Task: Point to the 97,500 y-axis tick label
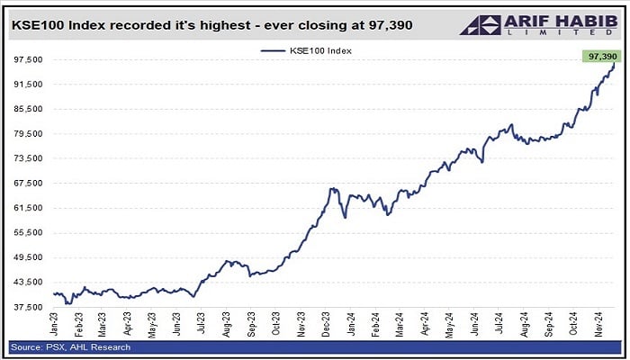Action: tap(28, 59)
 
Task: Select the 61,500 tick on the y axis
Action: tap(28, 208)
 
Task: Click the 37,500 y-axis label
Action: tap(28, 307)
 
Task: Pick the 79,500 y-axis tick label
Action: tap(28, 134)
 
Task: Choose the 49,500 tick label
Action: tap(28, 257)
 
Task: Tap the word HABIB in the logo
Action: tap(582, 22)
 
